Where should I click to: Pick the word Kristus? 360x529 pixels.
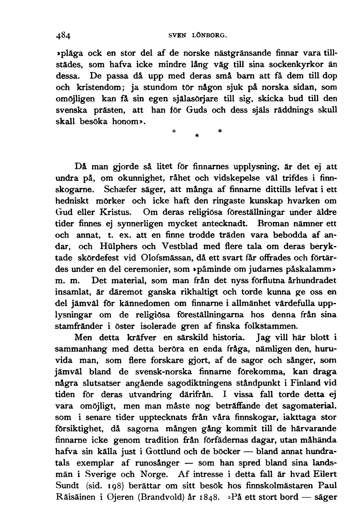pyautogui.click(x=116, y=212)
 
